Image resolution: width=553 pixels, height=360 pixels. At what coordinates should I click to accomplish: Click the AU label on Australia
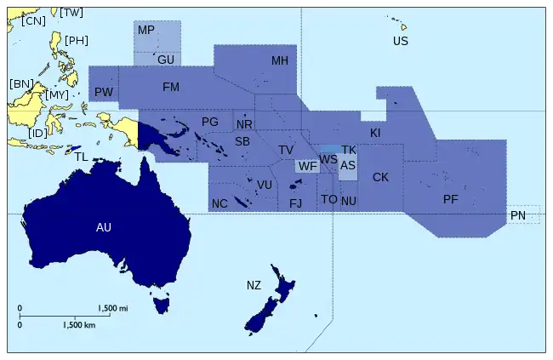click(x=104, y=227)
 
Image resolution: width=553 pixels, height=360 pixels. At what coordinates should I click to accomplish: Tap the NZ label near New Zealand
click(x=254, y=284)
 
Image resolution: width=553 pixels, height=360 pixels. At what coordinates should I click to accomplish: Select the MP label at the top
click(x=146, y=31)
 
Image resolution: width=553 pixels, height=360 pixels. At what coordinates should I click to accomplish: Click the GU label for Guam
click(x=166, y=60)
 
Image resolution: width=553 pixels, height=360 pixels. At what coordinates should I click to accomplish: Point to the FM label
click(x=171, y=87)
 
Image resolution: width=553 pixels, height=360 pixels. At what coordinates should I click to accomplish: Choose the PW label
click(x=104, y=92)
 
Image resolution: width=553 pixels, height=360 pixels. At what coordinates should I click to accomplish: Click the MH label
click(x=280, y=61)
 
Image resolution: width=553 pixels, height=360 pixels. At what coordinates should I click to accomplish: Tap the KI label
click(x=375, y=134)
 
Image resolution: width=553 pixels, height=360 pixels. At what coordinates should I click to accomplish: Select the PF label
click(x=451, y=199)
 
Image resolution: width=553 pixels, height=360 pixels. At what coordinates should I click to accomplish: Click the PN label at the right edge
click(x=518, y=216)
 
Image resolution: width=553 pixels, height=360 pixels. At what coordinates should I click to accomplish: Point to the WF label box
click(x=307, y=166)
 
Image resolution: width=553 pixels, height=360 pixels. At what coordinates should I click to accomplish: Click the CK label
click(x=380, y=177)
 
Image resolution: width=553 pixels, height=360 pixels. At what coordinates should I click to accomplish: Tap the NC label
click(x=219, y=203)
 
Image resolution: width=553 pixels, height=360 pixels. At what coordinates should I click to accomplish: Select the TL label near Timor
click(x=81, y=157)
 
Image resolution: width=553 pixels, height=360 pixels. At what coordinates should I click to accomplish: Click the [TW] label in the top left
click(x=72, y=12)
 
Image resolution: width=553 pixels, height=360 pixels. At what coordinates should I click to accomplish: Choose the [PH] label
click(x=77, y=40)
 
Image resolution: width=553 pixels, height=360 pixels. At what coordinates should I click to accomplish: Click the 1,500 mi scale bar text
click(x=112, y=308)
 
